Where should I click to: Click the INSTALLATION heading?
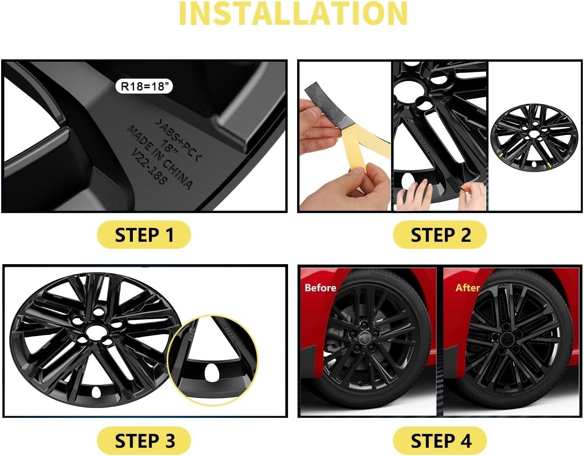click(293, 14)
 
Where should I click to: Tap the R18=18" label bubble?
click(144, 86)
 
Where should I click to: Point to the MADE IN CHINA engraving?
click(159, 157)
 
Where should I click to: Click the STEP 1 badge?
click(144, 235)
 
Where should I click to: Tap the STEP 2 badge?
click(440, 235)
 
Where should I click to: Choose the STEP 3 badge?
click(144, 441)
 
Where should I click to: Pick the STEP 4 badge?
click(440, 441)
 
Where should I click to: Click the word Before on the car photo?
click(320, 288)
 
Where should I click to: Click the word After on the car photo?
click(467, 288)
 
